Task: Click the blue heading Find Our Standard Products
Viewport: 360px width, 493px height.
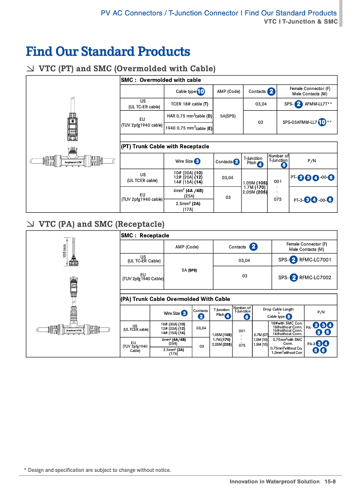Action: click(108, 52)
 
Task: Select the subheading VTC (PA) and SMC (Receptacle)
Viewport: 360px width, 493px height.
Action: click(101, 224)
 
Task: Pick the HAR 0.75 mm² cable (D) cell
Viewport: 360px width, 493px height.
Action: click(189, 116)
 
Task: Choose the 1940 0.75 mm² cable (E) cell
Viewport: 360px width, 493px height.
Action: click(189, 129)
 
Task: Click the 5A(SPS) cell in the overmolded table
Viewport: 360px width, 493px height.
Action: click(228, 116)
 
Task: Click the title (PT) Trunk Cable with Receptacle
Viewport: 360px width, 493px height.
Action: click(165, 146)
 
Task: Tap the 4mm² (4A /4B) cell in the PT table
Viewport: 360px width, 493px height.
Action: click(189, 191)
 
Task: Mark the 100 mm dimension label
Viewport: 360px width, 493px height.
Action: click(64, 250)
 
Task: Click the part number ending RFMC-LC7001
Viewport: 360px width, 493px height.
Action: click(315, 260)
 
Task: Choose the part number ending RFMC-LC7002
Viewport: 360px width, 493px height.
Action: click(315, 277)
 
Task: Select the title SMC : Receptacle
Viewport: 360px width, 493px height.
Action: click(145, 235)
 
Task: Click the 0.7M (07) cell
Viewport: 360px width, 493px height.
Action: click(260, 334)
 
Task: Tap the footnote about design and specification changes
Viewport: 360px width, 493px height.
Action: click(97, 470)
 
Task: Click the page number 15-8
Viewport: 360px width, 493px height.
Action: click(330, 481)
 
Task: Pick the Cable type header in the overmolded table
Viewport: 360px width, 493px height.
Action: click(186, 91)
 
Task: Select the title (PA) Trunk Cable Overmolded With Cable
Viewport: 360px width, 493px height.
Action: click(175, 299)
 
